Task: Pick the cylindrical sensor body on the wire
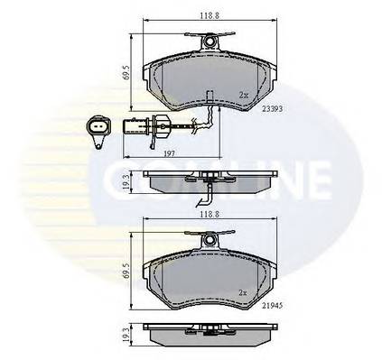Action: (146, 126)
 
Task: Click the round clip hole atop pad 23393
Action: (210, 40)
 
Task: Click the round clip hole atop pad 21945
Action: (210, 240)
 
